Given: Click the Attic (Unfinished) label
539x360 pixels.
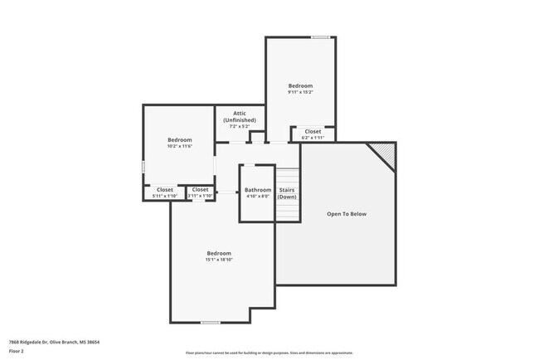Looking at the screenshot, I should [240, 116].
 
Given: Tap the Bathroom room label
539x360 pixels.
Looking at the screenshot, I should [258, 190].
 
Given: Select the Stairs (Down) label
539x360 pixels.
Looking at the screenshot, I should [287, 193].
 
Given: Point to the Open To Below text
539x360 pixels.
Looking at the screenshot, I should [346, 214].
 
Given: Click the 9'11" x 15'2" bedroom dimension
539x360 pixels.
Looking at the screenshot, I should [300, 92].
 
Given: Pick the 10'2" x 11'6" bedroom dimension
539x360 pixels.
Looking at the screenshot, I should [179, 146].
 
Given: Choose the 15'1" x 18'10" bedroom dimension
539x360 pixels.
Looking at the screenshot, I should [219, 260].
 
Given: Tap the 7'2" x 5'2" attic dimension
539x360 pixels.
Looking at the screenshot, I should [240, 126].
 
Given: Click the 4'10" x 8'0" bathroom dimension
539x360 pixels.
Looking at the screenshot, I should [258, 197].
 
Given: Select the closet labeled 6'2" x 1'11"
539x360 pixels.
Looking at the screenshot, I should [313, 134].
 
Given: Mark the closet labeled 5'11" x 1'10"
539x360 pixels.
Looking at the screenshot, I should [165, 192].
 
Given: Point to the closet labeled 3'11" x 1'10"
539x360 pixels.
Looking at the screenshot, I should [201, 192].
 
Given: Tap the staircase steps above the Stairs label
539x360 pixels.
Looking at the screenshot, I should [287, 177].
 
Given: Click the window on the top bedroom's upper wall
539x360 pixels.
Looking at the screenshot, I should [319, 37].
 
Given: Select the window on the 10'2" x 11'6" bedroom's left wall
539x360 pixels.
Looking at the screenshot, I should [143, 168].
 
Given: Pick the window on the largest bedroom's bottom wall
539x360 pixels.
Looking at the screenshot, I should [211, 322].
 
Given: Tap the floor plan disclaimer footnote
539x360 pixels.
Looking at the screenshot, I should [269, 353].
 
